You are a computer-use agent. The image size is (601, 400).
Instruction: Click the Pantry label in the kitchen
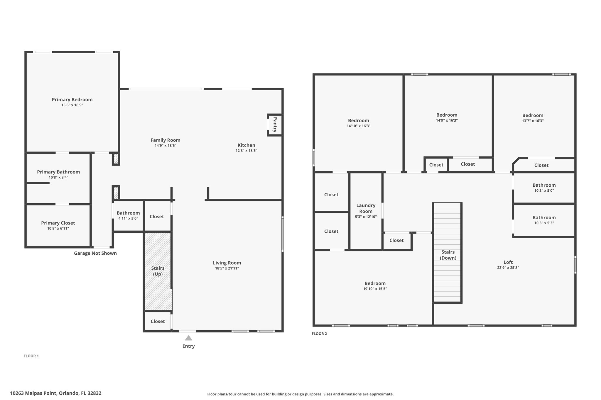[x=275, y=125]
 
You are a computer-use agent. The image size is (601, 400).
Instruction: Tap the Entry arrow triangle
[x=189, y=338]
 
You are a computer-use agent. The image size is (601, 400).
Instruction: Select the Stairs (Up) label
[x=158, y=271]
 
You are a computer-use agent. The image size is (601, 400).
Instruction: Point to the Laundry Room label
[x=366, y=208]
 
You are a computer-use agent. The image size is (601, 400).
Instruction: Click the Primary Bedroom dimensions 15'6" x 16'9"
[x=72, y=105]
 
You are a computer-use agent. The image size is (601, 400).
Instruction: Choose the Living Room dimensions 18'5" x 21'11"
[x=227, y=268]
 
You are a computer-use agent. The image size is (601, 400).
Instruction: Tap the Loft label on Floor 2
[x=508, y=262]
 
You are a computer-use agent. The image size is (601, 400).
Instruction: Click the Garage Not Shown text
[x=95, y=253]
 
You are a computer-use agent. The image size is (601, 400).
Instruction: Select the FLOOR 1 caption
[x=31, y=356]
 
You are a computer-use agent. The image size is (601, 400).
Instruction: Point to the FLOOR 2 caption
[x=319, y=333]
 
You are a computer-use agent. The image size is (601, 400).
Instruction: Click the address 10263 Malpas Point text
[x=34, y=393]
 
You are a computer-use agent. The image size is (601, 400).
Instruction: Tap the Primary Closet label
[x=58, y=223]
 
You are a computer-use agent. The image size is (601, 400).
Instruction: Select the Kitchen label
[x=247, y=145]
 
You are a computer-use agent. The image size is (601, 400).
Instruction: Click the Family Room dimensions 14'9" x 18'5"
[x=166, y=146]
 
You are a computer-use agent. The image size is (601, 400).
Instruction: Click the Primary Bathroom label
[x=58, y=172]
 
